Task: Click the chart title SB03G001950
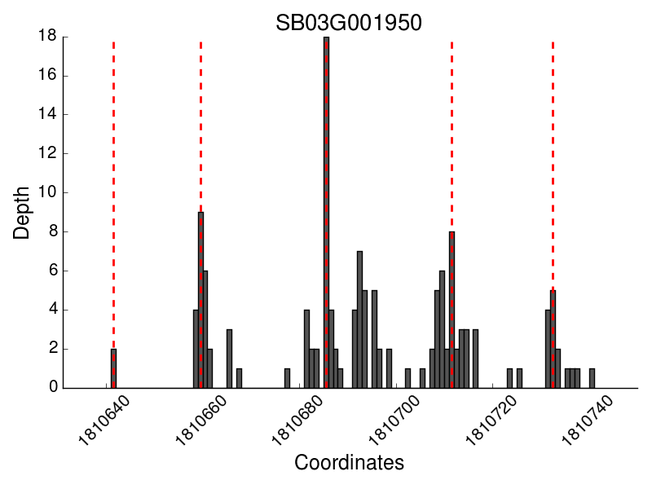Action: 348,23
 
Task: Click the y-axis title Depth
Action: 23,212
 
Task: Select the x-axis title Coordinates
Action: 349,463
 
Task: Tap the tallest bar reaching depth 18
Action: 326,212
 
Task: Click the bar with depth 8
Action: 452,310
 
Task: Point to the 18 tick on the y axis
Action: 48,36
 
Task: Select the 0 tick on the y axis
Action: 53,388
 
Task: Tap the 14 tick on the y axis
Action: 48,114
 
